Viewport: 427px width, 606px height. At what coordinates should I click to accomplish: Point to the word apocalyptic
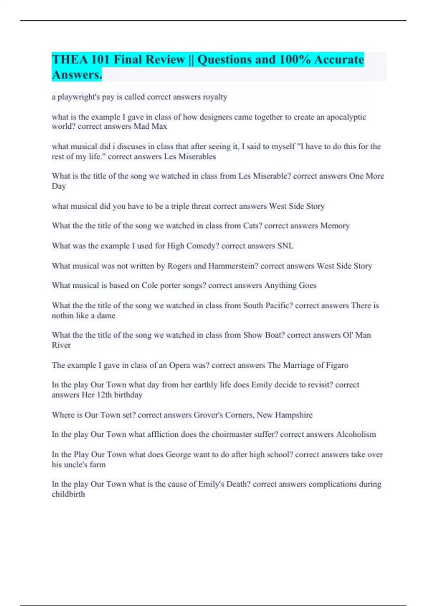(346, 117)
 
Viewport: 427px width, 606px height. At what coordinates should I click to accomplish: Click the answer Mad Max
(150, 127)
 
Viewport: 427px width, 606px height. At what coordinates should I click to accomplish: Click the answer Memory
(335, 226)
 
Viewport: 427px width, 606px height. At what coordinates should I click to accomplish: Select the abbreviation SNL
(285, 246)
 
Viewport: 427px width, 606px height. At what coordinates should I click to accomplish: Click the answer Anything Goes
(290, 286)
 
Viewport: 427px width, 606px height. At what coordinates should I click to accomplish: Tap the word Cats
(252, 226)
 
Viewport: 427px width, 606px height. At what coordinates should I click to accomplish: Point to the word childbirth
(68, 494)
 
